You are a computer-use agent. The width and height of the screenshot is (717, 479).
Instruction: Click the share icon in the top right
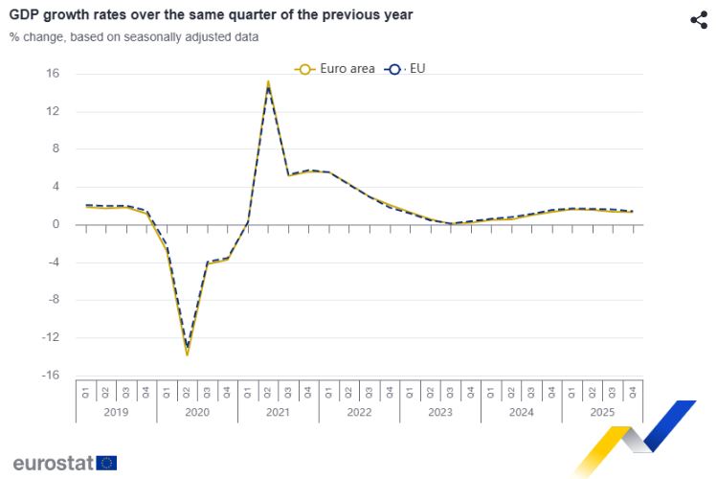(x=698, y=20)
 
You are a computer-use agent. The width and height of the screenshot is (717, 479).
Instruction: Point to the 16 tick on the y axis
(x=53, y=74)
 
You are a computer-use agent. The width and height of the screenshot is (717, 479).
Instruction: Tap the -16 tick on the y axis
(x=51, y=376)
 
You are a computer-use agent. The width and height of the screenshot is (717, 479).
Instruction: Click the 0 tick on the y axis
(x=56, y=224)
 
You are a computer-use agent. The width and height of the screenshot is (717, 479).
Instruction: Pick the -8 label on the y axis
(x=54, y=300)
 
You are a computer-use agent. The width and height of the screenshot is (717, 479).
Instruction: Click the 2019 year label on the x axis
(x=115, y=413)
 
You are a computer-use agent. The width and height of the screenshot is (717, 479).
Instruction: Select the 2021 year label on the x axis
(x=278, y=413)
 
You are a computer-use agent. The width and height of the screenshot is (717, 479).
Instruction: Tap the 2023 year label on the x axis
(x=439, y=413)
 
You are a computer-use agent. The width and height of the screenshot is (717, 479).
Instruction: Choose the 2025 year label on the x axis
(x=601, y=413)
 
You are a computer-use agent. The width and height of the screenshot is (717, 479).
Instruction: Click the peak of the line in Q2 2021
(x=268, y=83)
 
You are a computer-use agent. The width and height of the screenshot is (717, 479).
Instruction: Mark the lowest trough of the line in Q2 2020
(x=187, y=354)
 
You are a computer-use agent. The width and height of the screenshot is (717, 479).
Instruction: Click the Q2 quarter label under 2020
(x=187, y=391)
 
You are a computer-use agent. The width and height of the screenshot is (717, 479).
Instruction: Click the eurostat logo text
(x=53, y=463)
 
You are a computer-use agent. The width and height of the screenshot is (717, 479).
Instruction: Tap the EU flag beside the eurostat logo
(x=106, y=463)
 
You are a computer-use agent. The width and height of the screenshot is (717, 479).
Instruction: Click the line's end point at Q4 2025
(x=632, y=212)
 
